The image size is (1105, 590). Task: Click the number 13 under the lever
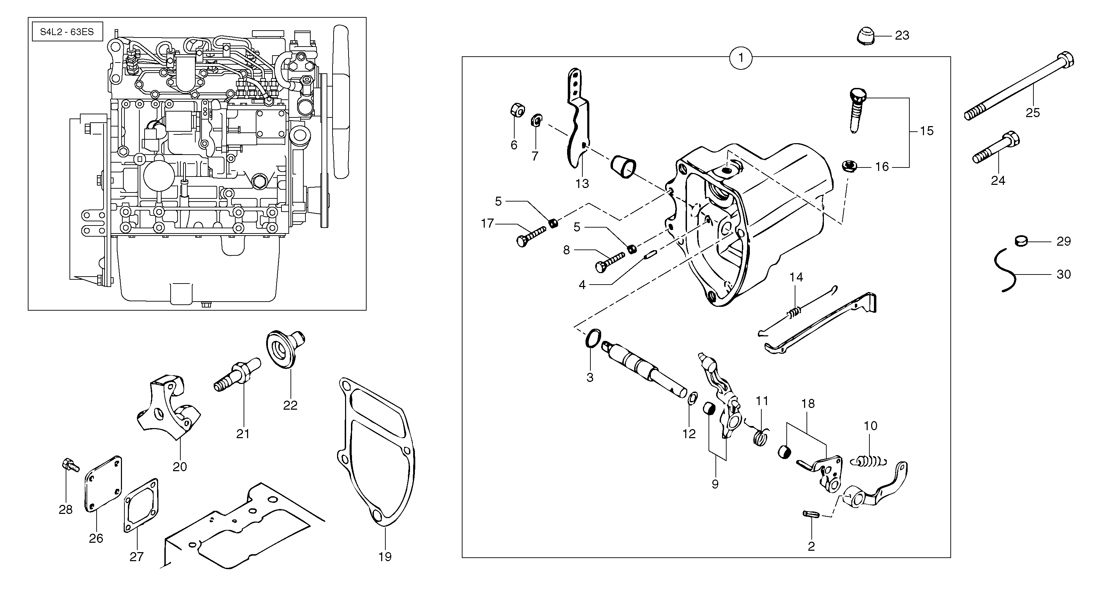pos(582,184)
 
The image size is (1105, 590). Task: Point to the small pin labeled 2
pos(811,514)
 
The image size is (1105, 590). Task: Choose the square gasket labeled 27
pos(141,505)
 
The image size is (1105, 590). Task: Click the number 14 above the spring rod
pos(796,277)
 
